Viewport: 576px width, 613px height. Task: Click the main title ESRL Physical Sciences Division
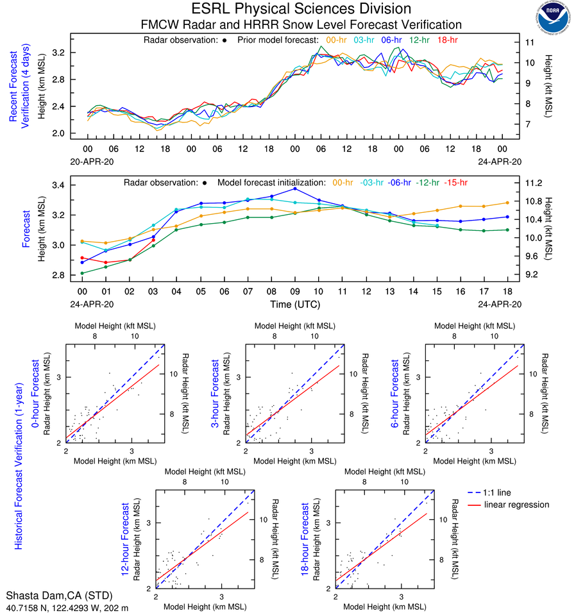point(301,9)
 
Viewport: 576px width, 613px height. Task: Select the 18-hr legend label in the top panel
point(447,40)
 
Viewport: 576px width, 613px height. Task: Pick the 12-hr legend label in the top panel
point(419,40)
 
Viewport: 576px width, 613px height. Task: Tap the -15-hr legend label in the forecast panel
point(453,183)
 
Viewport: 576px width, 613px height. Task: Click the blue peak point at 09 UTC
point(295,189)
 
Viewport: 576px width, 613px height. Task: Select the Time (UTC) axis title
point(295,304)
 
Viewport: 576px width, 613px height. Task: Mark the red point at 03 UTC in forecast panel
point(153,240)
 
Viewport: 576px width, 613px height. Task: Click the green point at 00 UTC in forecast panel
point(82,273)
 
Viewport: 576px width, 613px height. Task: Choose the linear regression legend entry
point(516,505)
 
